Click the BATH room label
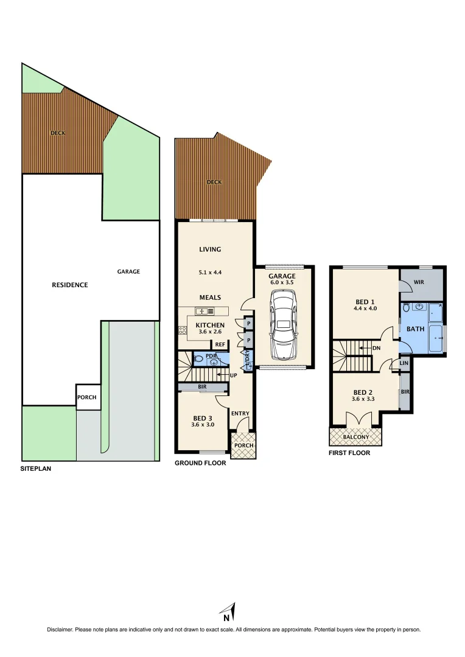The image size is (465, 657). (x=416, y=328)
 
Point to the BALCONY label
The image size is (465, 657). (x=355, y=437)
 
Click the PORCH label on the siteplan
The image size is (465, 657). (x=86, y=397)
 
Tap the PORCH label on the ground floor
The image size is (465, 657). (x=243, y=445)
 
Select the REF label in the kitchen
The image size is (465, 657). (x=220, y=344)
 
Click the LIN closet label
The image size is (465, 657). (x=404, y=363)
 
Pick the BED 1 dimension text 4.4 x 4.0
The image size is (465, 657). (x=365, y=308)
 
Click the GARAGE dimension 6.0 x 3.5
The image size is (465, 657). (x=282, y=282)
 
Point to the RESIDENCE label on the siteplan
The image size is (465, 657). (x=69, y=285)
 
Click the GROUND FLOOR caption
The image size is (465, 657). (x=200, y=463)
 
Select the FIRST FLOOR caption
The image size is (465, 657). (x=349, y=453)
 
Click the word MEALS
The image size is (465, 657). (x=210, y=297)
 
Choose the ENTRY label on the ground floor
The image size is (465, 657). (x=240, y=414)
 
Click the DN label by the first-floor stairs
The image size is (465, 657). (x=377, y=349)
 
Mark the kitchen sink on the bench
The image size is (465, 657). (x=201, y=311)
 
